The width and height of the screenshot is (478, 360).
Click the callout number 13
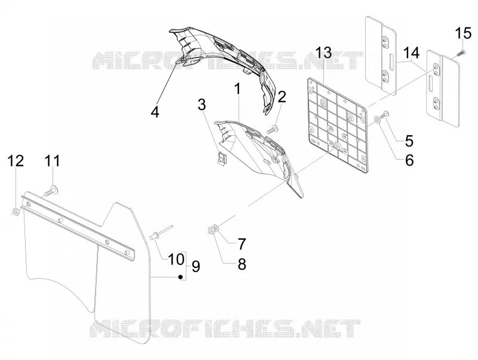click(x=323, y=53)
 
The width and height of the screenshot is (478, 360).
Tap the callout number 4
click(x=155, y=112)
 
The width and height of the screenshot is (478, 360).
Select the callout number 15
click(x=464, y=33)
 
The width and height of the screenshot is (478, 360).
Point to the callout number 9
click(x=196, y=266)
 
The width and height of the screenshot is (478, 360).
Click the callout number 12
click(x=16, y=160)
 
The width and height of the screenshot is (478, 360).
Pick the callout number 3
click(x=201, y=105)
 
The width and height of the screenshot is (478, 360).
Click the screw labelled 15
click(x=460, y=53)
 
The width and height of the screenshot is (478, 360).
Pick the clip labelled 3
click(x=220, y=158)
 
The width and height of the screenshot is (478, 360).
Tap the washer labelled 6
click(x=377, y=120)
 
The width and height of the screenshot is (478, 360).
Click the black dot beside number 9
click(x=180, y=277)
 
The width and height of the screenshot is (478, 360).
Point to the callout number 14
click(x=411, y=53)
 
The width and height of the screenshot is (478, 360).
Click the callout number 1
click(x=237, y=89)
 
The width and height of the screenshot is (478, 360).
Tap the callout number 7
click(x=241, y=244)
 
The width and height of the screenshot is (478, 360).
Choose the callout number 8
click(x=241, y=264)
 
